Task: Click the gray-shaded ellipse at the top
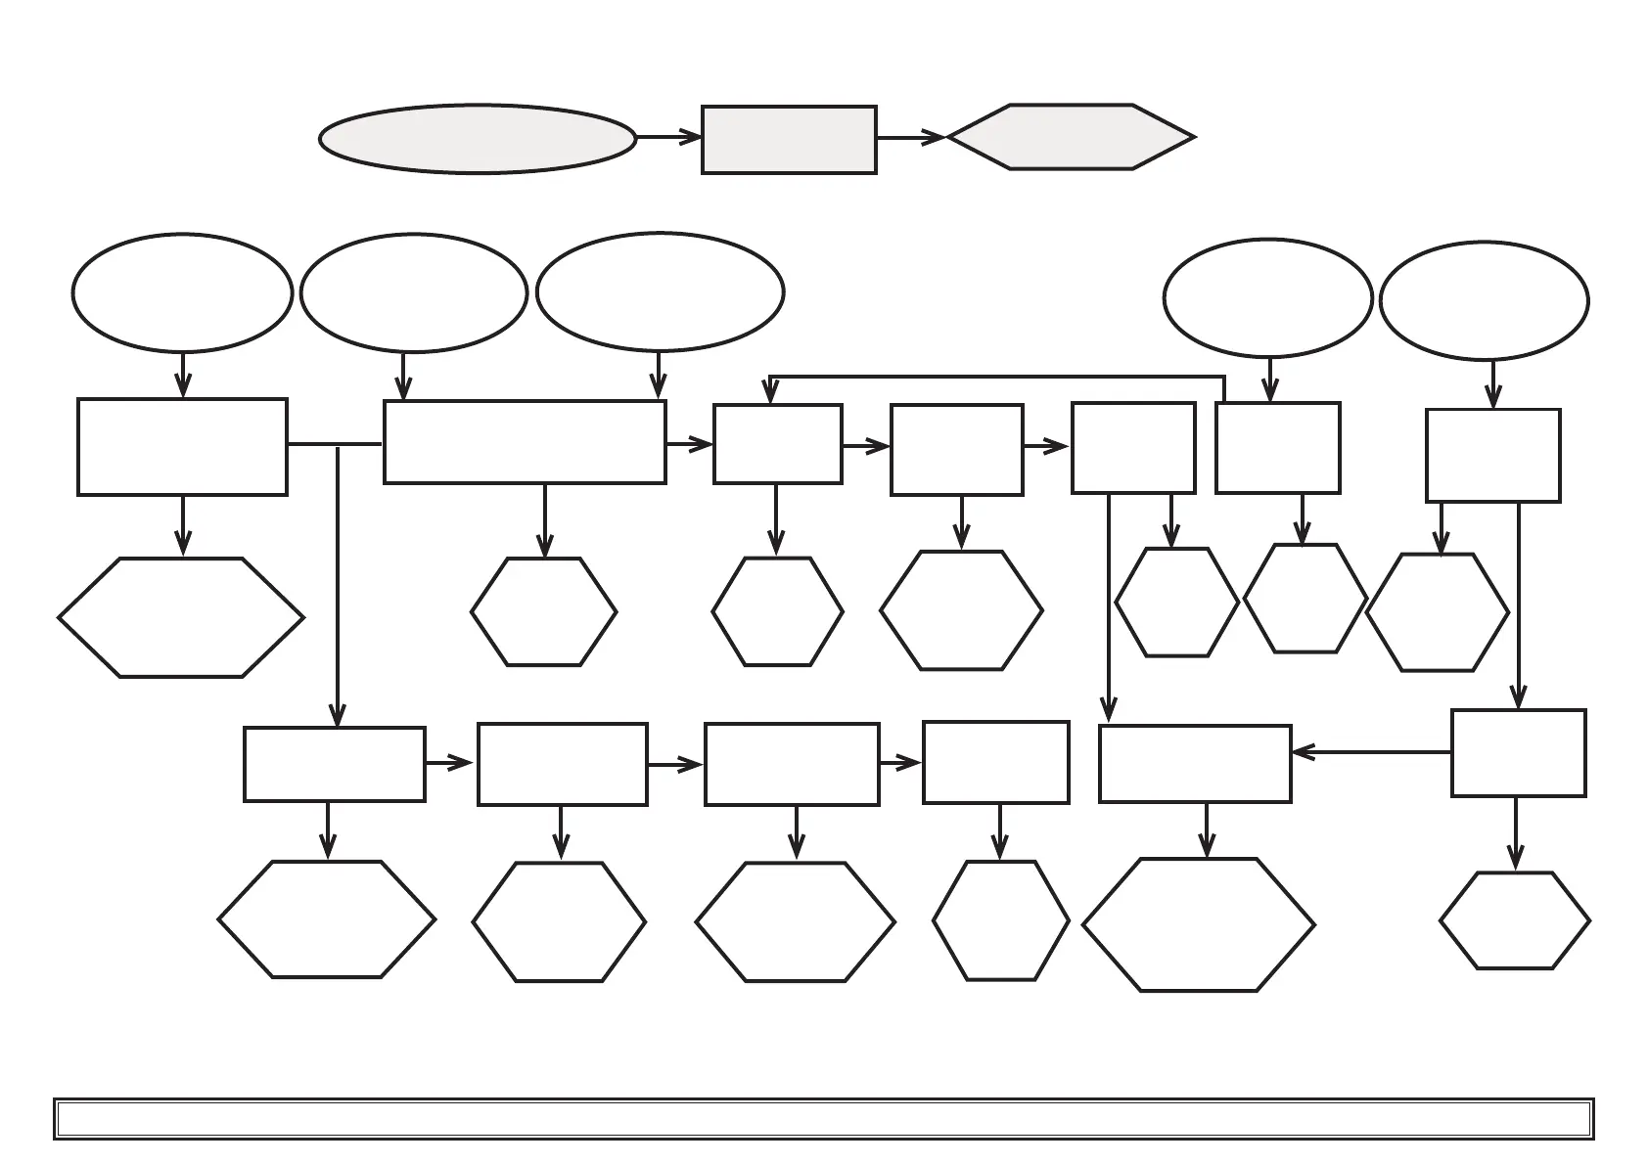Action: [x=478, y=139]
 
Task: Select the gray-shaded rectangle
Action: [x=789, y=140]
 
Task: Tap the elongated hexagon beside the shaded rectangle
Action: [x=1071, y=137]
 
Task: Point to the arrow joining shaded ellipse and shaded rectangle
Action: [x=669, y=138]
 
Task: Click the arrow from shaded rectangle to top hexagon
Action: [x=910, y=138]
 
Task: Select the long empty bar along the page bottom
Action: [x=823, y=1119]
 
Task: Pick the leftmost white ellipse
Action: [x=182, y=292]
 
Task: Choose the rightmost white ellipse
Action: [x=1484, y=300]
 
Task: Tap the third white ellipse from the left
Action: [x=661, y=291]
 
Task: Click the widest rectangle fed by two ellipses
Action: [x=525, y=442]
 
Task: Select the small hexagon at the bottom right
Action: [x=1515, y=920]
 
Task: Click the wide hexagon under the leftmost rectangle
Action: [x=181, y=617]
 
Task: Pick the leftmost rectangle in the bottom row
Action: [x=334, y=764]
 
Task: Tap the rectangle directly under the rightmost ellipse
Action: [x=1492, y=456]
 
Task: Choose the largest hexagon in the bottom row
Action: [x=1199, y=924]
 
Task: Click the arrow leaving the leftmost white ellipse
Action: [x=183, y=375]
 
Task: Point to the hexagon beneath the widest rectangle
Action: [x=543, y=612]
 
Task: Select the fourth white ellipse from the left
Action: [x=1267, y=297]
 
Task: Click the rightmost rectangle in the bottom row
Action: [x=1518, y=753]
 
